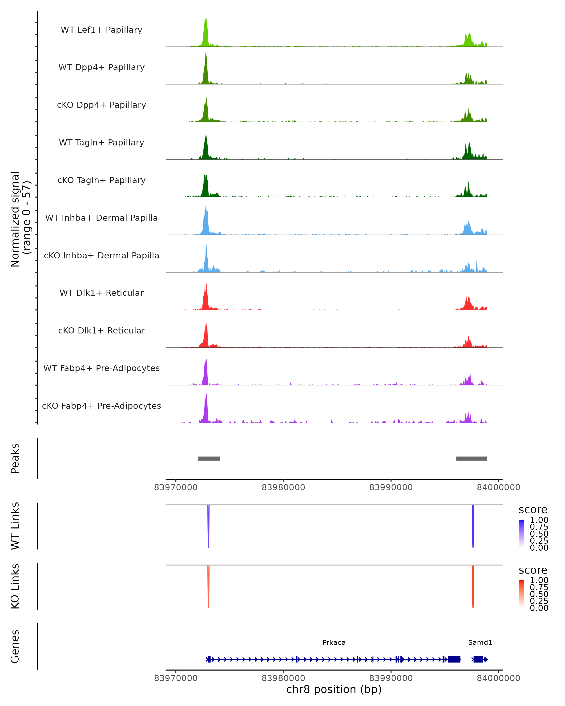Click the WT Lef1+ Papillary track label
(101, 30)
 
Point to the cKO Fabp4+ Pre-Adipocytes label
(101, 406)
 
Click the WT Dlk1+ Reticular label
(101, 293)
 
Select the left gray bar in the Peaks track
(209, 458)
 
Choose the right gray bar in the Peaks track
(472, 458)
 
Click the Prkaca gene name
(334, 642)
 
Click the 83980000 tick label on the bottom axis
(283, 678)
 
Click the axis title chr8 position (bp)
(334, 690)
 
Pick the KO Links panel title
(15, 586)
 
